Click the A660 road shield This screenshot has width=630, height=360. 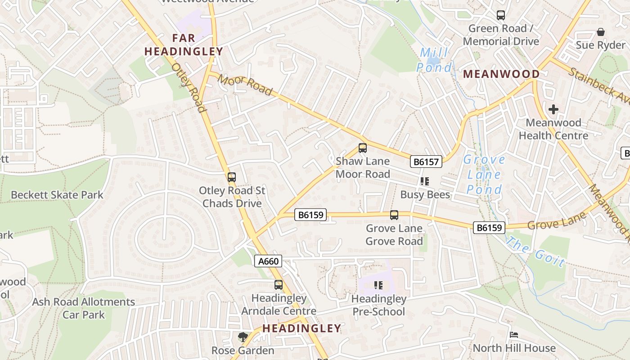point(268,261)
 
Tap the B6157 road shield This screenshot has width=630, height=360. point(426,162)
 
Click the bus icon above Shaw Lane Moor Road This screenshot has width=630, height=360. point(362,148)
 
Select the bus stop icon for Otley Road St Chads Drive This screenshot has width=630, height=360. point(232,177)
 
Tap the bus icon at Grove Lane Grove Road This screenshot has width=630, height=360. point(394,215)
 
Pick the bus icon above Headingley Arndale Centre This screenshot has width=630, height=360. point(279,285)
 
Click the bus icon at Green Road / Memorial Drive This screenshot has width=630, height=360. point(500,15)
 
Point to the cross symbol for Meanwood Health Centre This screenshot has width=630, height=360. point(553,109)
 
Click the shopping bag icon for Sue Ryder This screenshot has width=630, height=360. point(600,32)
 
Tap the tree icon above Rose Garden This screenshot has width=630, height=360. point(243,337)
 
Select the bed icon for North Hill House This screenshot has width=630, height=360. point(514,335)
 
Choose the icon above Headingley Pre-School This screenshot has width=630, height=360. point(378,285)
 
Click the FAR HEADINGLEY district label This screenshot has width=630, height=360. point(184,45)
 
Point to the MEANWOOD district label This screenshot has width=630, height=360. point(501,74)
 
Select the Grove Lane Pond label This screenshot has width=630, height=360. point(484,175)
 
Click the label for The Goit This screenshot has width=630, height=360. point(535,252)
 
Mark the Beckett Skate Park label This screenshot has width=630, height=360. point(57,195)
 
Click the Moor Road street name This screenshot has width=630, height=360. point(245,85)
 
